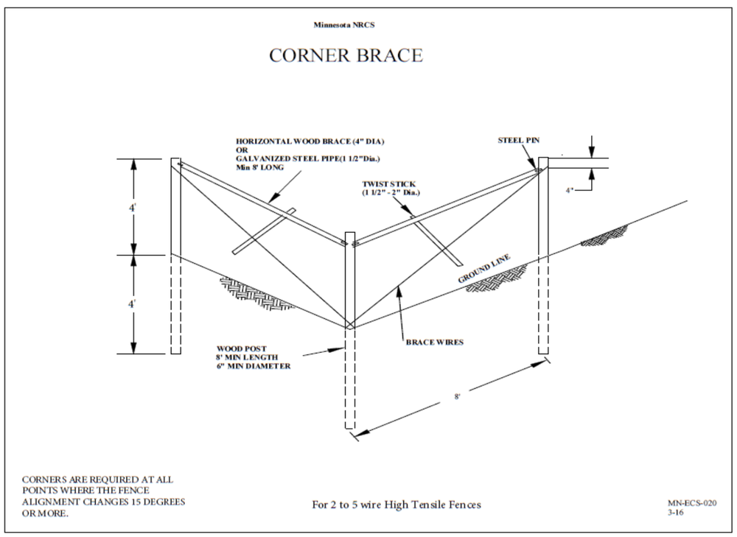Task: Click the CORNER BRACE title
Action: pos(346,56)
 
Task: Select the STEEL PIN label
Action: pos(519,138)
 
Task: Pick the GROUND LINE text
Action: pos(484,268)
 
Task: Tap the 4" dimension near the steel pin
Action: pos(570,189)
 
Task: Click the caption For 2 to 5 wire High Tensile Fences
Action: pos(397,505)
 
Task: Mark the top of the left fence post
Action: pos(175,160)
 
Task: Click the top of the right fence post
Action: pos(544,158)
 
